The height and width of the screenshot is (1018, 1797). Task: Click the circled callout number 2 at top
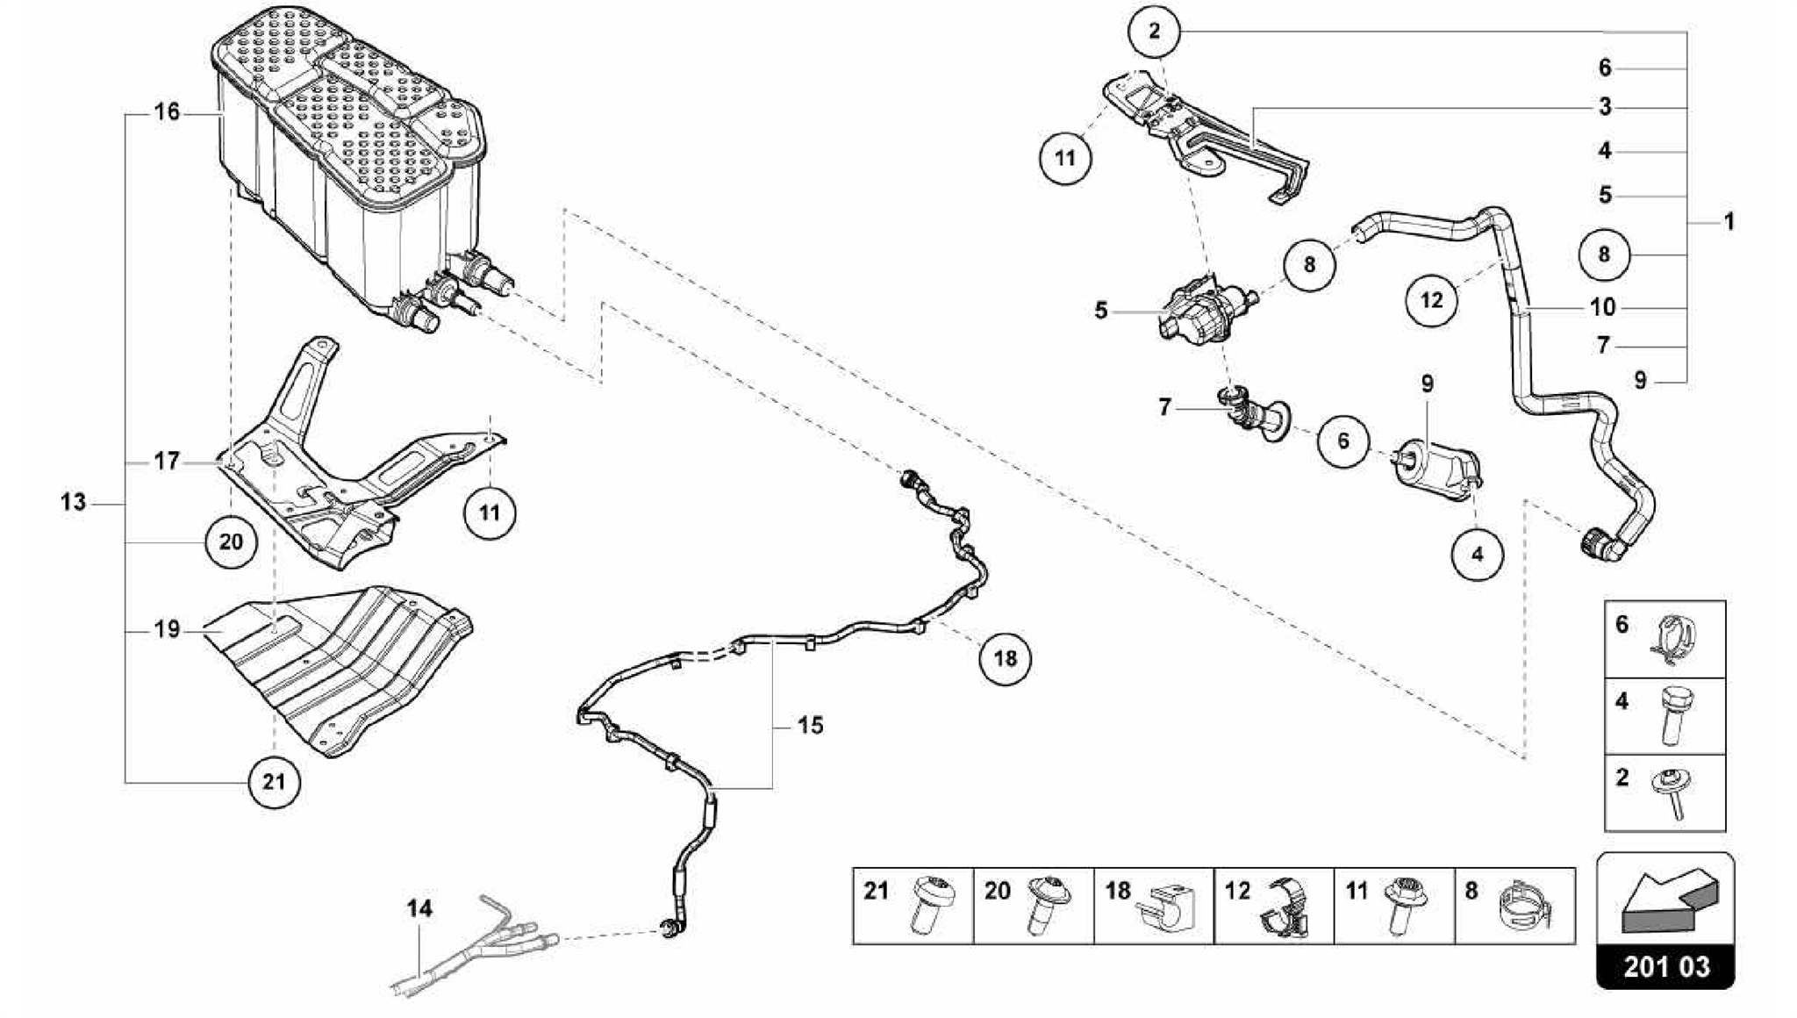point(1154,32)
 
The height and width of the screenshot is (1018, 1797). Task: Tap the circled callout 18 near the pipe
point(1005,658)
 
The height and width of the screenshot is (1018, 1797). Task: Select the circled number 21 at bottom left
point(274,781)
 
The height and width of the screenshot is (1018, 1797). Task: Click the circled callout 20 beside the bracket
point(231,541)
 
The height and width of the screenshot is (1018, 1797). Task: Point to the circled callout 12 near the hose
point(1431,300)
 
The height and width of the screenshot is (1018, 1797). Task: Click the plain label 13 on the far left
point(74,503)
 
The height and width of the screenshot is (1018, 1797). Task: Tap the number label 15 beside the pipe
point(811,726)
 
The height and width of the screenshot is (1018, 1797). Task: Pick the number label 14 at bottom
point(419,908)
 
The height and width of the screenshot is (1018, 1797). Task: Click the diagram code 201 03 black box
point(1665,966)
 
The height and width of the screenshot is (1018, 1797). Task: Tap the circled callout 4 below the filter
point(1477,554)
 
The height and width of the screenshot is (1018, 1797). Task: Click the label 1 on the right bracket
point(1728,222)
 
